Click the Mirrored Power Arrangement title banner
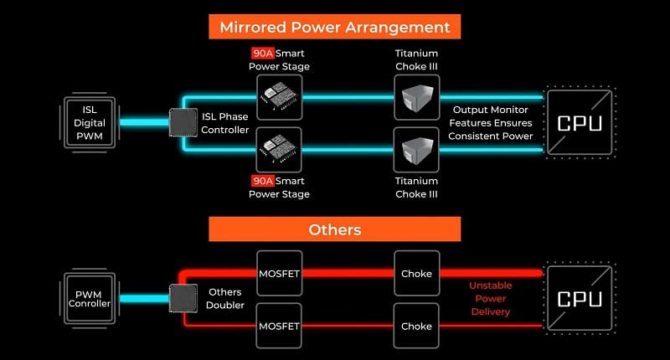334,27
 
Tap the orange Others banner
334,229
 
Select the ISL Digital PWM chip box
90,122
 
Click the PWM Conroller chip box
90,299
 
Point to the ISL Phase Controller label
224,123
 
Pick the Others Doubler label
224,299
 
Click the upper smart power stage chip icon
280,97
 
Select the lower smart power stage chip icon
280,150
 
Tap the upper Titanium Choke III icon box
416,97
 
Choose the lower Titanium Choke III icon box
416,150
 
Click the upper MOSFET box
280,273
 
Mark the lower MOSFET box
280,326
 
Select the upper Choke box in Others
416,273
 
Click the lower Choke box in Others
416,326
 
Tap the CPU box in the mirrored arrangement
580,122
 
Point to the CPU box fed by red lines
580,299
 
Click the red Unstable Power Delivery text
491,299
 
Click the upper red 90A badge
262,53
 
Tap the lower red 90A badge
262,181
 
